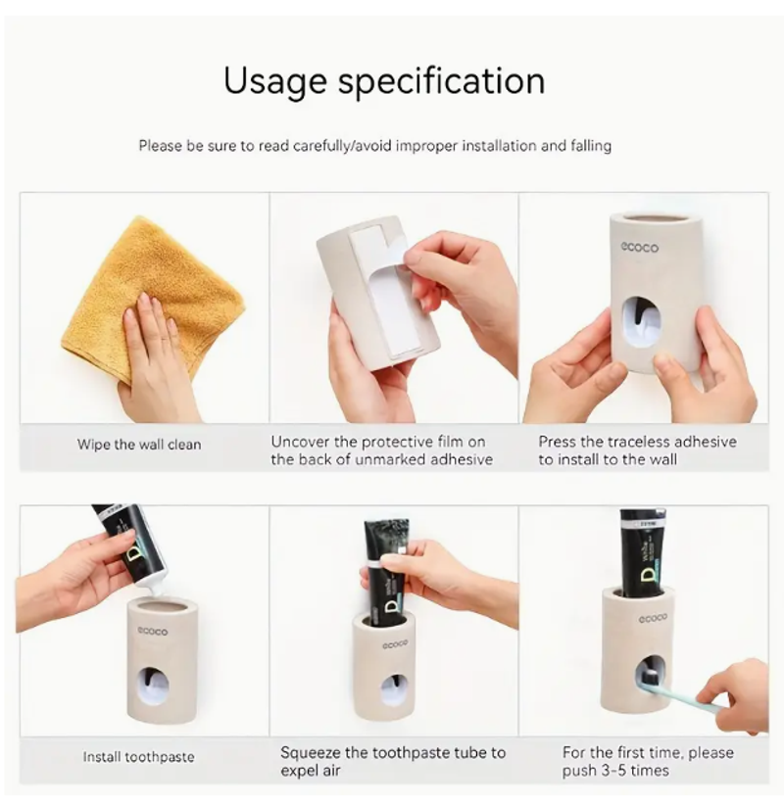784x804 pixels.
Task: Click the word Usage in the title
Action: (x=275, y=82)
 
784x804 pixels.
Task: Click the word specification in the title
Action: (x=441, y=81)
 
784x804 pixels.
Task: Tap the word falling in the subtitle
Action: (x=591, y=146)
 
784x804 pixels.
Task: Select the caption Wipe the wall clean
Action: (x=139, y=445)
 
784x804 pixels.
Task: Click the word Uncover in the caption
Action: (x=300, y=442)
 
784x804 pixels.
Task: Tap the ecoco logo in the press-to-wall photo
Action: (x=639, y=248)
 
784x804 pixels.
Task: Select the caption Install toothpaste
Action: (x=138, y=757)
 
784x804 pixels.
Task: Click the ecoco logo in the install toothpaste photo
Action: (x=152, y=632)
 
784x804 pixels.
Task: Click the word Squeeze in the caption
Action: (x=310, y=753)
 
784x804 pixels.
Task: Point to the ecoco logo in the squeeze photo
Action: (x=395, y=644)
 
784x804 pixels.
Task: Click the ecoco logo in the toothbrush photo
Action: (x=653, y=619)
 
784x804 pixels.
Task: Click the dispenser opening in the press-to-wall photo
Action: (x=640, y=321)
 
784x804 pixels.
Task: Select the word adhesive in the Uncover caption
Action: (x=462, y=459)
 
